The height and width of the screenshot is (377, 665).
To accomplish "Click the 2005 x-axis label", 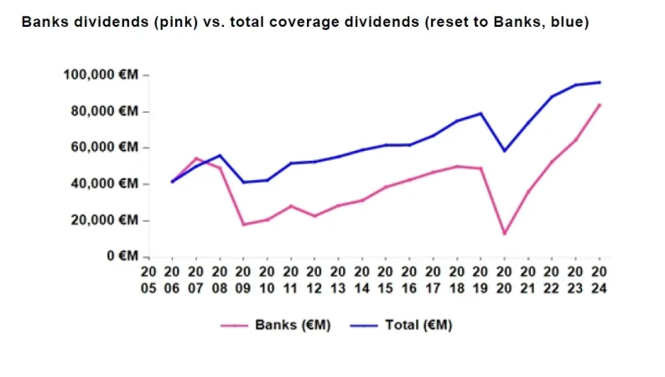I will tap(148, 280).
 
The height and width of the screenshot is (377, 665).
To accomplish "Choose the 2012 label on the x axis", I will tap(314, 280).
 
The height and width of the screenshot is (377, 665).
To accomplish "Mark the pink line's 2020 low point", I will tap(504, 234).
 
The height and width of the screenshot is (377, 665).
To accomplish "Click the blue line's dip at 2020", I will tap(504, 151).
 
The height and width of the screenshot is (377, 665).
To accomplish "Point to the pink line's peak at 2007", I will tap(195, 158).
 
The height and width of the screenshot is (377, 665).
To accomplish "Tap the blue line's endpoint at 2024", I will tap(600, 82).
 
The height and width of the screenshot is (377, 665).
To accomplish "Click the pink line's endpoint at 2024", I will tap(600, 105).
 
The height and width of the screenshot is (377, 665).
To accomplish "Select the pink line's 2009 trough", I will tap(243, 225).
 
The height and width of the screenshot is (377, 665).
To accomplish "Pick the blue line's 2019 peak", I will tap(481, 113).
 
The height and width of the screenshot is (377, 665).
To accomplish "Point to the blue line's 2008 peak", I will tap(220, 155).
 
